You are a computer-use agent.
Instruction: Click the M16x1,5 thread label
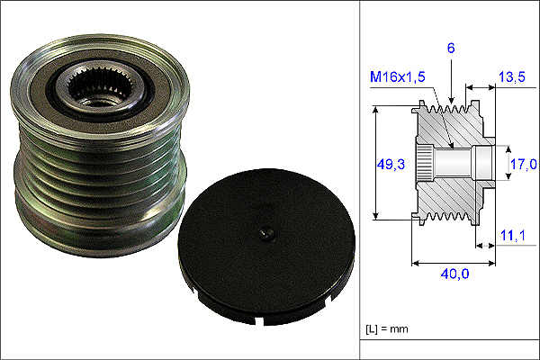pyautogui.click(x=398, y=76)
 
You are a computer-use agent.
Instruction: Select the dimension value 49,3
pyautogui.click(x=391, y=165)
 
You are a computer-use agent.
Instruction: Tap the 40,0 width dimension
pyautogui.click(x=454, y=274)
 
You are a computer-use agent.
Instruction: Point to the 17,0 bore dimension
pyautogui.click(x=524, y=164)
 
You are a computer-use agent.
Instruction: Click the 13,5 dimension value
pyautogui.click(x=512, y=76)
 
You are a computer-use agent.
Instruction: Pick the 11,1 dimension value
pyautogui.click(x=512, y=236)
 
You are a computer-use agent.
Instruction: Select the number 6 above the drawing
pyautogui.click(x=451, y=49)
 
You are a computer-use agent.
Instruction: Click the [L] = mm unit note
pyautogui.click(x=387, y=329)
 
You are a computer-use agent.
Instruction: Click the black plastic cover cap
pyautogui.click(x=266, y=247)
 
